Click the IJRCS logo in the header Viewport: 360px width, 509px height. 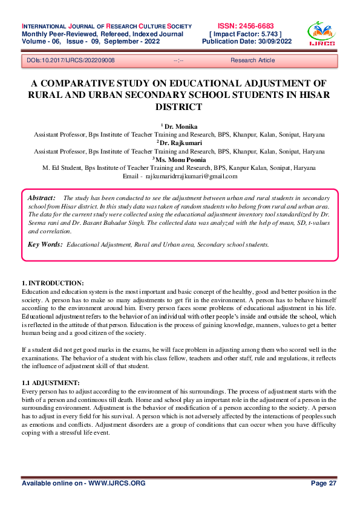pos(321,34)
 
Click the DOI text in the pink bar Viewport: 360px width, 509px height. pos(71,60)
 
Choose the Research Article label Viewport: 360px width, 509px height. pos(252,60)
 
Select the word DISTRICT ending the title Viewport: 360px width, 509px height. pos(180,106)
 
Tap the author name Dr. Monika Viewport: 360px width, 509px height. pos(181,126)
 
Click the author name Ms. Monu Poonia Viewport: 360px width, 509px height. pos(181,159)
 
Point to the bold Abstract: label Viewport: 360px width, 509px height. pos(42,198)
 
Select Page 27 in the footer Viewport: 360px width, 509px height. pos(324,484)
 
